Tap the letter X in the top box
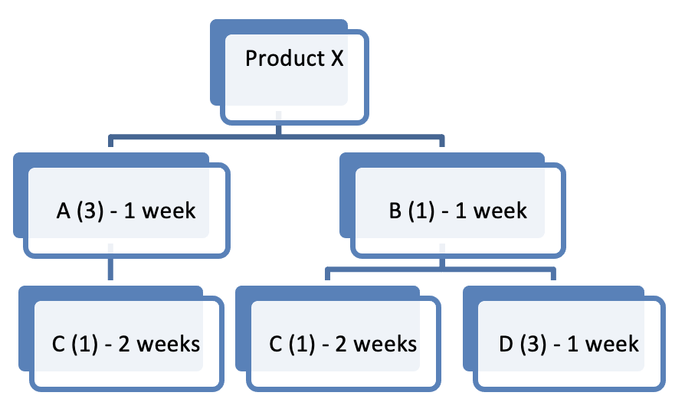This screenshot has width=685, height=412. point(336,58)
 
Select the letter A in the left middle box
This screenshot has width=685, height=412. point(64,210)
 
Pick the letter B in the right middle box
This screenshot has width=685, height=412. point(395,210)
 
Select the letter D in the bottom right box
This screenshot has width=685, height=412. point(506,344)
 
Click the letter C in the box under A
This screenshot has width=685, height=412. point(59,344)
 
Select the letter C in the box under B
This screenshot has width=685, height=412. point(277,344)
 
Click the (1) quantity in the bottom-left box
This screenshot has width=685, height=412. point(84,344)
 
